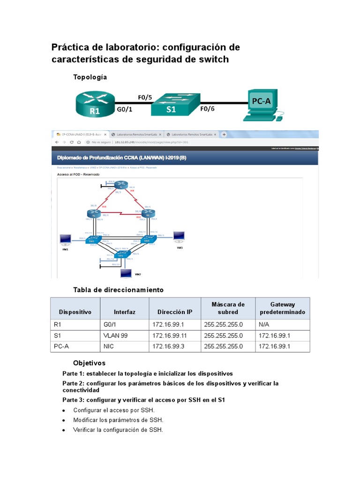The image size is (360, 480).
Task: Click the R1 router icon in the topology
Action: coord(94,104)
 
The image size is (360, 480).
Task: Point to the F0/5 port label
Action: coord(145,97)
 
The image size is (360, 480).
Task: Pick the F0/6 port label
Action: coord(207,109)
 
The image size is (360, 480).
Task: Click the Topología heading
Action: coord(90,77)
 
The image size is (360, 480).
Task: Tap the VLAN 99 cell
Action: coord(116,336)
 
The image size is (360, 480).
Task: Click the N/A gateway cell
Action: coord(264,325)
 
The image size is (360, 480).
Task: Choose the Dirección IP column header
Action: coord(175,312)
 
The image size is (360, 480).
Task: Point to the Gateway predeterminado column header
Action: coord(282,308)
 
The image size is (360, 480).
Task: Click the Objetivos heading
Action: coord(89,363)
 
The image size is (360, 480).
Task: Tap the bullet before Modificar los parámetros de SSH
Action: coord(63,420)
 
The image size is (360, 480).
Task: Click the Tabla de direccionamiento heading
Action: coord(118,290)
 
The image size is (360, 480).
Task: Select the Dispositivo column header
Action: coord(75,312)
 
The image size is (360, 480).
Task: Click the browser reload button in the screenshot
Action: coord(72,141)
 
